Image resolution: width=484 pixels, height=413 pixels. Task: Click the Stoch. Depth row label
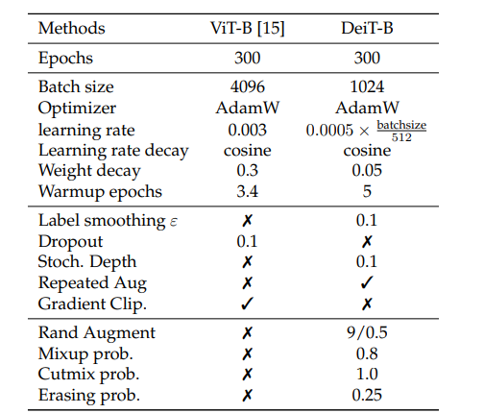pos(86,262)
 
